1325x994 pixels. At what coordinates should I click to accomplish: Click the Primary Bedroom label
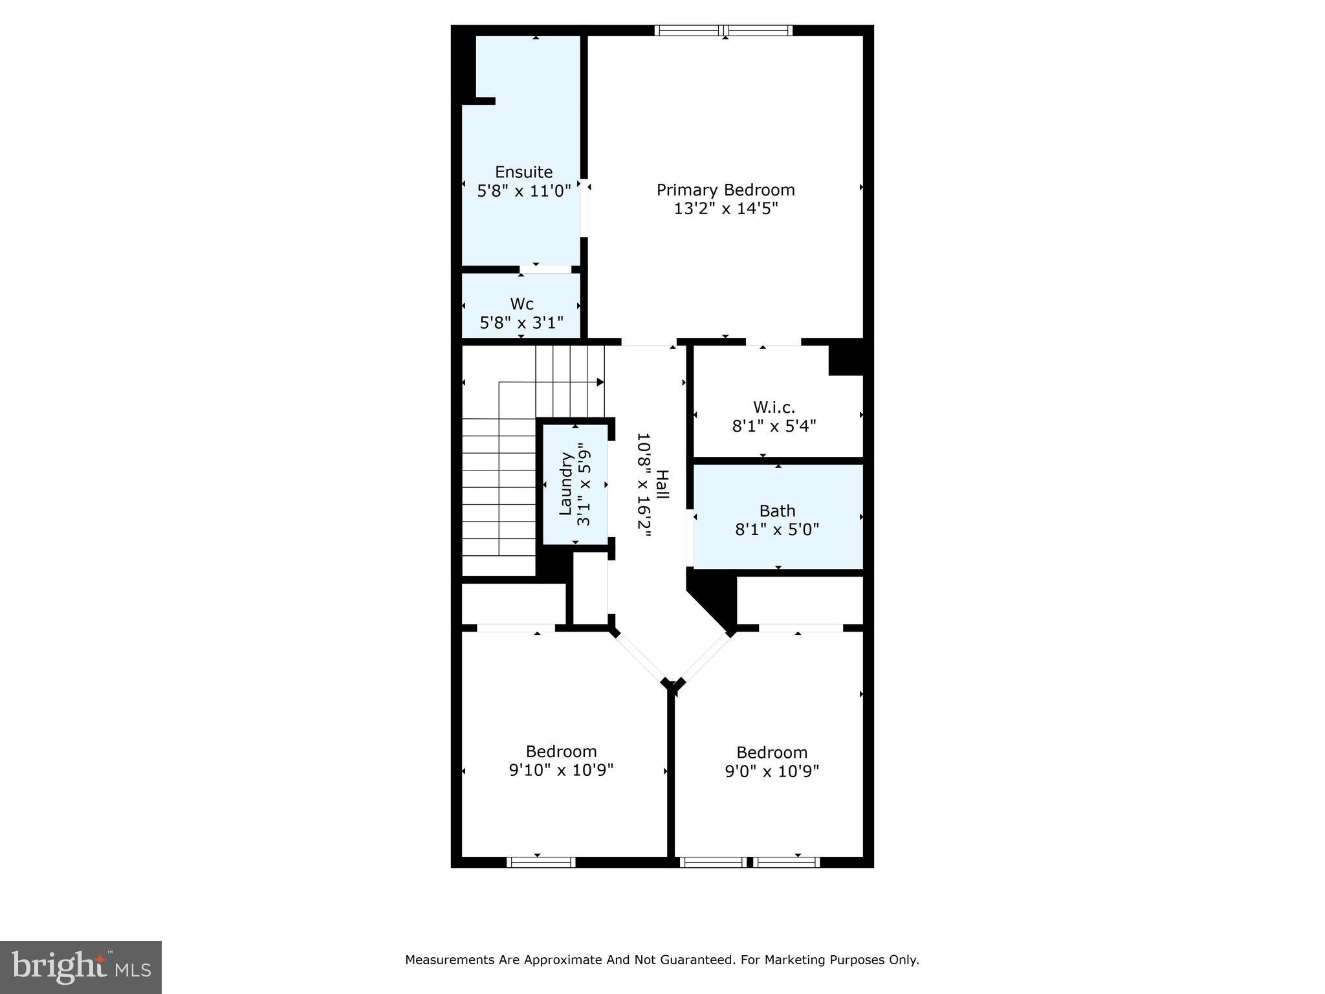(725, 190)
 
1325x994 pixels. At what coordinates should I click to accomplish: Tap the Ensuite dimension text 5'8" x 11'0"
(524, 191)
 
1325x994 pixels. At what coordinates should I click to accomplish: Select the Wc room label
(521, 304)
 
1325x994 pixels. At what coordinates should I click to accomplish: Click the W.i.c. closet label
(774, 408)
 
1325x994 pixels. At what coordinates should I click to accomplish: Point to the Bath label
(777, 511)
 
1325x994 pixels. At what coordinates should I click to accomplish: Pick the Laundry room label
(566, 484)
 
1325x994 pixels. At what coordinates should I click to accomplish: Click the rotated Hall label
(662, 484)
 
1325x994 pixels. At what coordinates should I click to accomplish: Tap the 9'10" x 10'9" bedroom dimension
(561, 770)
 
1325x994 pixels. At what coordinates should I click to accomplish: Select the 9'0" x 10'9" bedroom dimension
(772, 771)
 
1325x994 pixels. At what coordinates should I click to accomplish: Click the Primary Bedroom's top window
(723, 30)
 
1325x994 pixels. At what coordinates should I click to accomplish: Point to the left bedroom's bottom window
(541, 862)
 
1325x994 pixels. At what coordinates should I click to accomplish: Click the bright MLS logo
(81, 967)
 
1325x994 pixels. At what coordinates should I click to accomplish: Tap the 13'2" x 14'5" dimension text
(725, 208)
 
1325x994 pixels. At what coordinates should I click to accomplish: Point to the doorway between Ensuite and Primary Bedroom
(584, 208)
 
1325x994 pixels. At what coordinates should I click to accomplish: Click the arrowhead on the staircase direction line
(600, 382)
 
